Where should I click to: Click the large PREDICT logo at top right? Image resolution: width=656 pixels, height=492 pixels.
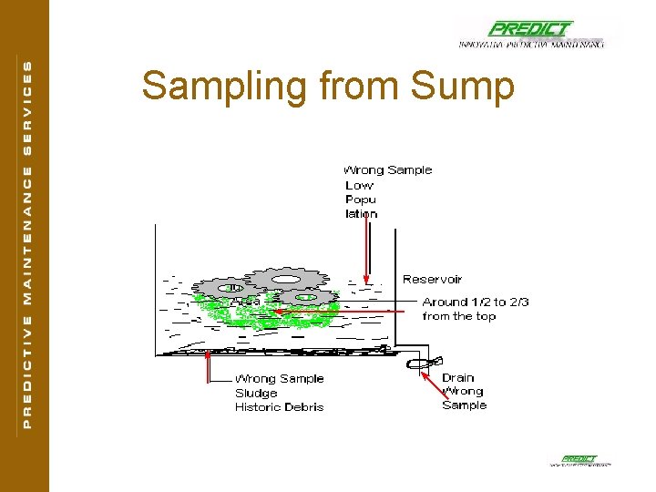(530, 29)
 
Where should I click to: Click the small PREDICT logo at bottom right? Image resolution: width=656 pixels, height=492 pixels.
(579, 459)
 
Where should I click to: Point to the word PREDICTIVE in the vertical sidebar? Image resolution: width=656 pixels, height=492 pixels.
(26, 369)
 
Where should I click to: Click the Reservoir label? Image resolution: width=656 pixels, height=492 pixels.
(432, 280)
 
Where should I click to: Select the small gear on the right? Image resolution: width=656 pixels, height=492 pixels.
(306, 296)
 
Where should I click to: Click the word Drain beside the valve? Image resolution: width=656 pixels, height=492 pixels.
(457, 377)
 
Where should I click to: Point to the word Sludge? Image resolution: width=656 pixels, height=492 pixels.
(256, 393)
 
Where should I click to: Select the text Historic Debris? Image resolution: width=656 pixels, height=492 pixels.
(279, 407)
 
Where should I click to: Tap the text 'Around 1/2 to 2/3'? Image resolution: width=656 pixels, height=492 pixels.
(475, 302)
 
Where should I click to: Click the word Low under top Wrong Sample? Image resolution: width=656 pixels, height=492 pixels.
(359, 185)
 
